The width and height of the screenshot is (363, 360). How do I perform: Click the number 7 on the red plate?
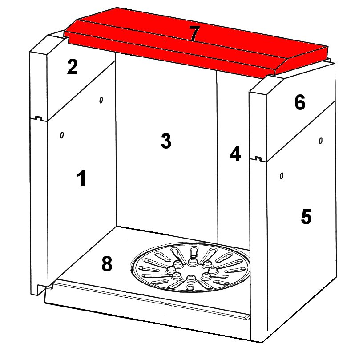[194, 33]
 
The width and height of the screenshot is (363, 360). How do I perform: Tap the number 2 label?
[72, 67]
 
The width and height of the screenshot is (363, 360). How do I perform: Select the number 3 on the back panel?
[166, 141]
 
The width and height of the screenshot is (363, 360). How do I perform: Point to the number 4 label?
[235, 154]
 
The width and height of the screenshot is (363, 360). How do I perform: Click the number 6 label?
[300, 102]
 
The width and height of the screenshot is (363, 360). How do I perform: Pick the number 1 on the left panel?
[81, 178]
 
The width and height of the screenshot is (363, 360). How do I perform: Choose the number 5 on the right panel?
[306, 216]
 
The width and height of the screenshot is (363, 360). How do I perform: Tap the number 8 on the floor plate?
[107, 264]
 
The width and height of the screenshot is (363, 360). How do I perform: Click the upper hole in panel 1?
[101, 100]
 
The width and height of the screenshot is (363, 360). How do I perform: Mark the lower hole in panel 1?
[62, 135]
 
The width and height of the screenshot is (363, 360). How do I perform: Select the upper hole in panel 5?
[321, 140]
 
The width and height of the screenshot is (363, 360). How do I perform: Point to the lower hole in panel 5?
[282, 176]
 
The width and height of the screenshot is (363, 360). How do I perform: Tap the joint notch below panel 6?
[258, 158]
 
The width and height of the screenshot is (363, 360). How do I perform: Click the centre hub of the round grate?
[191, 270]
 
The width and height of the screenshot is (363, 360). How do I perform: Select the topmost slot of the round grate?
[193, 251]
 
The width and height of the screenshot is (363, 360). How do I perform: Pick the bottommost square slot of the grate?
[190, 287]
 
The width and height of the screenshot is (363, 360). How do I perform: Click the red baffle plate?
[196, 43]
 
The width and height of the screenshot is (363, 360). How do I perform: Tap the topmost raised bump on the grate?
[192, 262]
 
